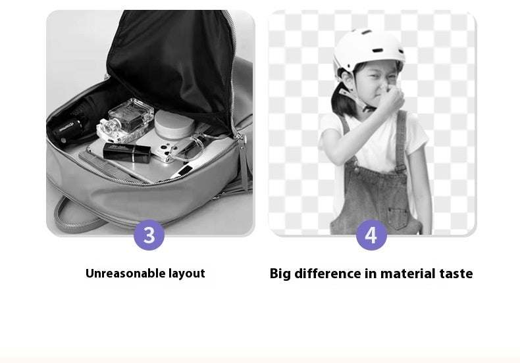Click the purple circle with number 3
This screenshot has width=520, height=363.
click(149, 235)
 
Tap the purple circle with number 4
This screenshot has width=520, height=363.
click(371, 235)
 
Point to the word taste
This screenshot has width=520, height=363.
click(456, 274)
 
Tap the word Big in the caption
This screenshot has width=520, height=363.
click(280, 274)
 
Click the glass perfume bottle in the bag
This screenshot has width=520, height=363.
click(125, 120)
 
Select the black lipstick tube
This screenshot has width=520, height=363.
click(126, 153)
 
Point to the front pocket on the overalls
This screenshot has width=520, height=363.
click(398, 218)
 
